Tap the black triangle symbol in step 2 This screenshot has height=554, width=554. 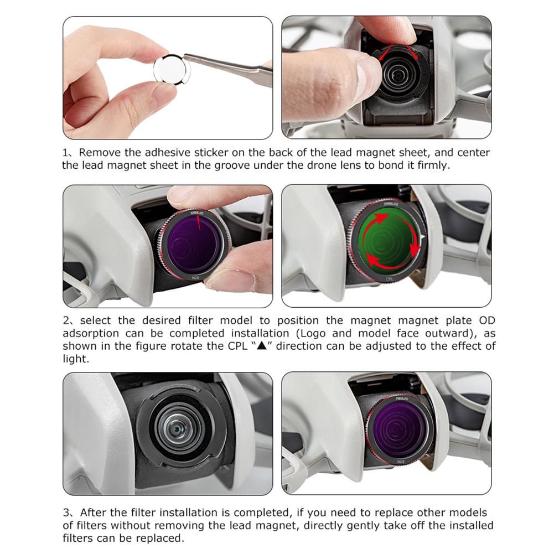click(x=261, y=345)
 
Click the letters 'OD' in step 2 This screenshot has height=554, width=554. click(x=487, y=320)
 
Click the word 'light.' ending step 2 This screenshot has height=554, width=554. click(x=76, y=359)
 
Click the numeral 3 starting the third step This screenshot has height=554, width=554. click(x=66, y=513)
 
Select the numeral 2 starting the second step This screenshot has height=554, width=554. click(x=66, y=321)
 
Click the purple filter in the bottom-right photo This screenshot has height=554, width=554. click(x=400, y=428)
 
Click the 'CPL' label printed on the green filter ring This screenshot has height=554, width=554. click(x=389, y=279)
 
